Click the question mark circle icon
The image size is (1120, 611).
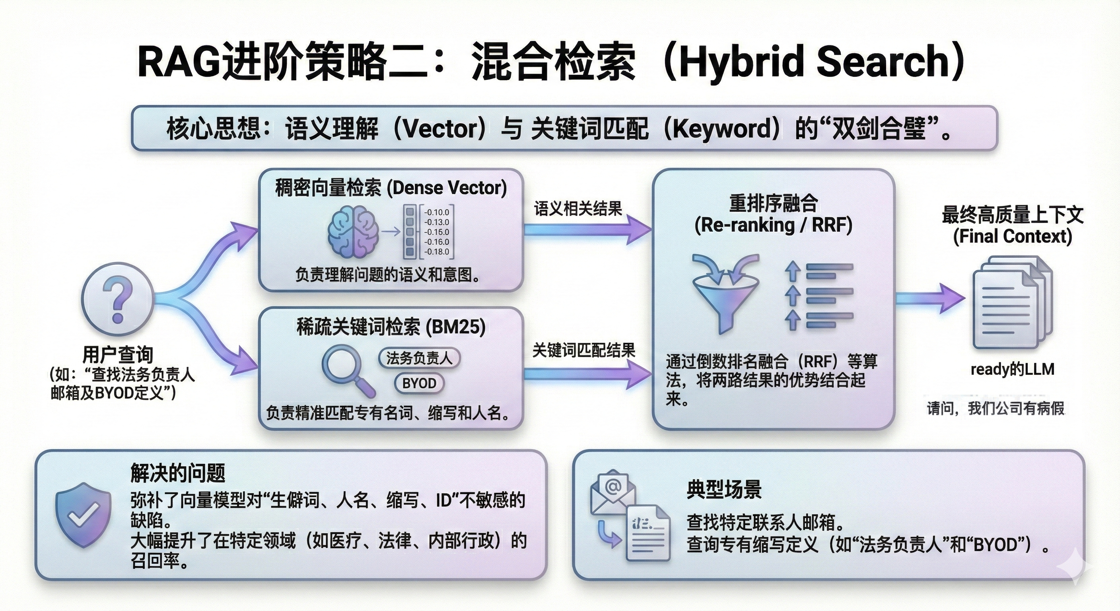click(117, 299)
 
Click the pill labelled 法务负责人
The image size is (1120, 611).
click(419, 358)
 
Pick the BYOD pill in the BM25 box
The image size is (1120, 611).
click(419, 383)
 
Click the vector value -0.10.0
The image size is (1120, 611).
click(437, 212)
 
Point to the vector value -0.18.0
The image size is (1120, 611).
click(437, 252)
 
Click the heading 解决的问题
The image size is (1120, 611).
click(178, 473)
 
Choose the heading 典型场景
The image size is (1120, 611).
click(724, 490)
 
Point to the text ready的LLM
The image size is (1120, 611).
click(1013, 370)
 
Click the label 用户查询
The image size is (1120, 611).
click(117, 354)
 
